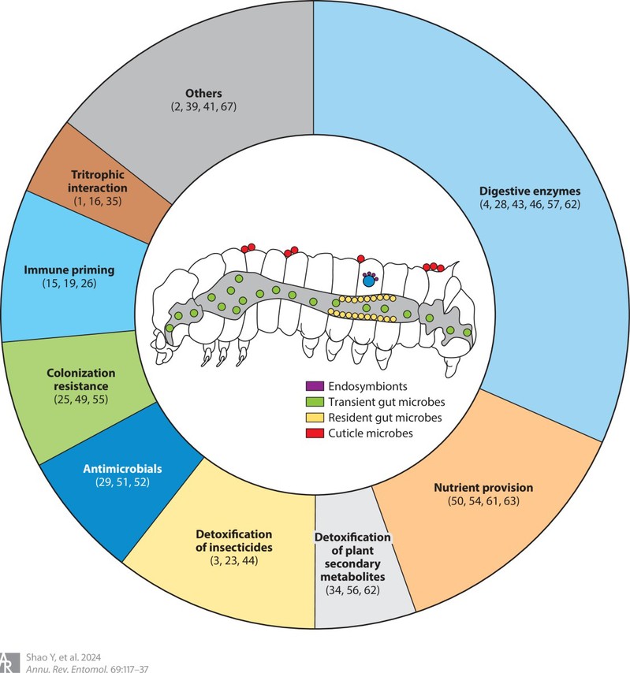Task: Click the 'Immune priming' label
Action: [x=69, y=270]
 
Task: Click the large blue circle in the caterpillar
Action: [x=368, y=280]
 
